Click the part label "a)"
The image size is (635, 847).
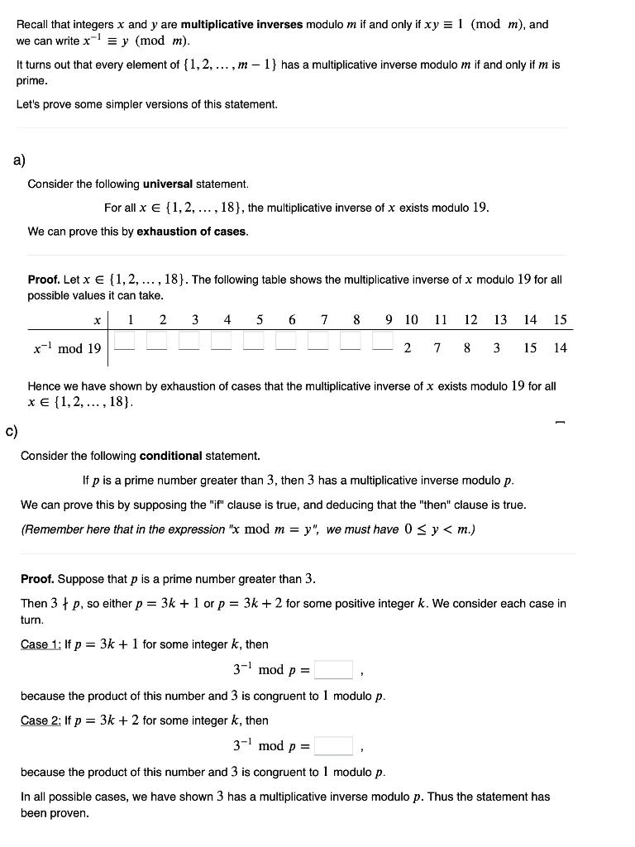point(19,160)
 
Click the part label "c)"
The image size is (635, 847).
point(12,430)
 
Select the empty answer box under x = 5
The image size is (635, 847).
point(255,340)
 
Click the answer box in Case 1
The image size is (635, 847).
point(333,669)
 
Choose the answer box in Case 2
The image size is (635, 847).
point(333,746)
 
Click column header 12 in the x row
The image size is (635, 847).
point(470,320)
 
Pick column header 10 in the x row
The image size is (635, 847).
point(411,320)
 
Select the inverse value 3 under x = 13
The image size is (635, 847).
point(497,348)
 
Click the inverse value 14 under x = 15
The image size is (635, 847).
point(560,348)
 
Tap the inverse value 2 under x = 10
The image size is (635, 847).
point(408,348)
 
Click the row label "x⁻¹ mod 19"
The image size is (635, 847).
point(67,348)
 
